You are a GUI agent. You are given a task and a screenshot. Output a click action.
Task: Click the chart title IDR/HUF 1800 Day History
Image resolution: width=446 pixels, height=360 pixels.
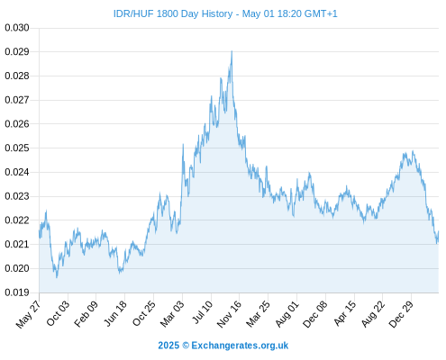coord(173,13)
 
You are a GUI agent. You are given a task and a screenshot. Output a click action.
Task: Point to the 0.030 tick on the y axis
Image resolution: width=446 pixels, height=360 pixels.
coord(17,28)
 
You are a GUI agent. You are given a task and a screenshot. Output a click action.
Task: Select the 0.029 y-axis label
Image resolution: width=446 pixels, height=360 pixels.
coord(17,52)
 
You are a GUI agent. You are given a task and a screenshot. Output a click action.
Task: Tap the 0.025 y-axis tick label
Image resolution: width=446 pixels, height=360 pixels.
coord(17,148)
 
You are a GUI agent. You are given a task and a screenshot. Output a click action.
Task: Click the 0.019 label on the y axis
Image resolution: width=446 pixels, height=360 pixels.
coord(17,292)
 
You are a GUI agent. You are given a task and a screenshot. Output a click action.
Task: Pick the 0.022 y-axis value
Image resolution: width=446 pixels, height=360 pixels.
coord(17,220)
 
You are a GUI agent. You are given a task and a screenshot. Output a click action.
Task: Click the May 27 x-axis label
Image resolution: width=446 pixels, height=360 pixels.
coord(28,314)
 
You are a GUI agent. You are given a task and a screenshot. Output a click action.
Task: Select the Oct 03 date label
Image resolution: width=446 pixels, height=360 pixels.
coord(58,313)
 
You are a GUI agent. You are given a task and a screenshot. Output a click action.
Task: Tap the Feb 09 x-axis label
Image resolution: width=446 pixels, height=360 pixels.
coord(86,313)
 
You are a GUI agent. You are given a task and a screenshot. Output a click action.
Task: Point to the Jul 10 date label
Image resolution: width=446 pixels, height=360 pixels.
coord(202,312)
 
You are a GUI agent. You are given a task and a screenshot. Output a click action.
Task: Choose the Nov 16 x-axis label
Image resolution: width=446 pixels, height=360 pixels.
coord(229,314)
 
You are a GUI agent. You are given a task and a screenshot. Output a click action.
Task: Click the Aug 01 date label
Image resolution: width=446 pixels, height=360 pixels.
coord(287,314)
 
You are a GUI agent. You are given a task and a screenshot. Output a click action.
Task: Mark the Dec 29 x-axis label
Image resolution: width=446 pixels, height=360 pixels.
coord(401,314)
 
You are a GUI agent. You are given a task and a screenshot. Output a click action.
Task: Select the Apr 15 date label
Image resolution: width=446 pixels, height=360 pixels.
coord(345,313)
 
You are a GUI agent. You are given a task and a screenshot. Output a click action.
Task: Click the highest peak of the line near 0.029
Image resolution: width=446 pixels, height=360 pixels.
coord(232,51)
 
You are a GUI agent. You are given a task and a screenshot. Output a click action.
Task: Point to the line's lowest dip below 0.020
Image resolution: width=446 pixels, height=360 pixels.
coord(57,277)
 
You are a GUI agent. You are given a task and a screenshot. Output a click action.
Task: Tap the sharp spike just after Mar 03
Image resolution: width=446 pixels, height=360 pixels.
coord(183,145)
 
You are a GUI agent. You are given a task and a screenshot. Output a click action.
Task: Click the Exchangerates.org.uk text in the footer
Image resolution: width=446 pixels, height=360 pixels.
coord(240,346)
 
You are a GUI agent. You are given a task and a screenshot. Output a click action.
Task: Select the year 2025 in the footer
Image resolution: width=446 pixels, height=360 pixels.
coord(168,346)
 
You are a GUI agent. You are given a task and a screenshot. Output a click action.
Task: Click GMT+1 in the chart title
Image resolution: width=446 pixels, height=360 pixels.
coord(321,13)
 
